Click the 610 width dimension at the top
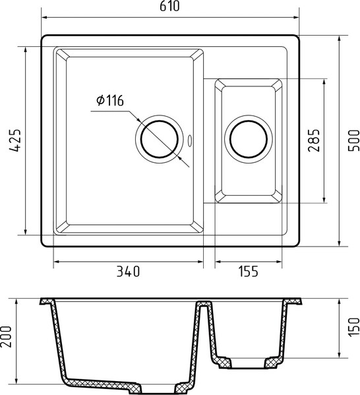(170, 7)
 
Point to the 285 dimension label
(314, 140)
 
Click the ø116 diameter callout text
(109, 100)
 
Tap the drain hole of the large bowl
(158, 140)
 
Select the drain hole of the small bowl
(248, 140)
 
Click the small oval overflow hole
(191, 140)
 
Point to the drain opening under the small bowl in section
(248, 363)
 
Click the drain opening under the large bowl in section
(158, 386)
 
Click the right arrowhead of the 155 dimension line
(284, 262)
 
